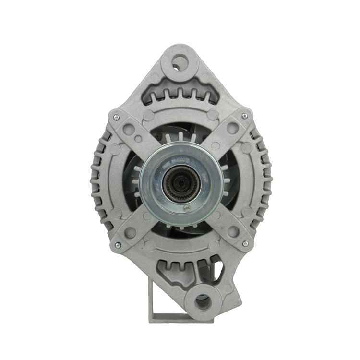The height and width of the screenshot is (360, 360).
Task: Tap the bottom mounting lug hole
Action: click(x=203, y=302)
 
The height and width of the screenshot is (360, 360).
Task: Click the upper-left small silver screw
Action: click(x=116, y=117)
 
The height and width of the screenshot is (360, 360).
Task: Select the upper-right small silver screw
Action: click(x=245, y=116)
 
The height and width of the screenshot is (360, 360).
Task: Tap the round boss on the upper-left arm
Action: click(x=129, y=128)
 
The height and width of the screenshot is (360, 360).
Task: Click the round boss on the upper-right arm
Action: click(x=232, y=128)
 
